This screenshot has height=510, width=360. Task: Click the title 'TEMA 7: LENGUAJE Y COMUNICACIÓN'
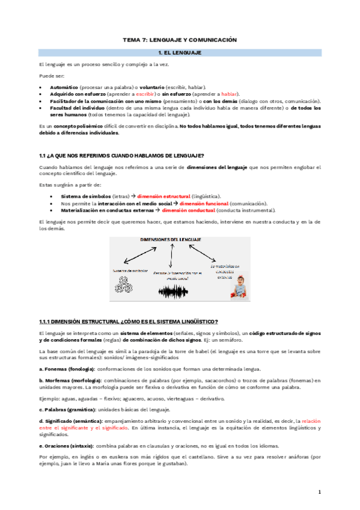(x=180, y=40)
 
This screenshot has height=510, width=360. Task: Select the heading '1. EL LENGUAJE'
(x=180, y=53)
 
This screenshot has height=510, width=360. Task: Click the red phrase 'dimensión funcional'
(x=194, y=203)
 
